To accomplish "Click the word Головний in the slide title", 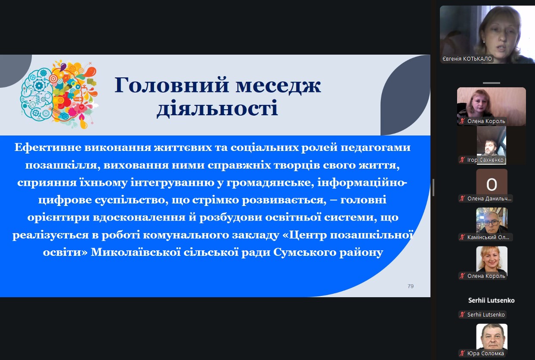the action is coord(172,85).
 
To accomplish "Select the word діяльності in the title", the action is coord(217,108).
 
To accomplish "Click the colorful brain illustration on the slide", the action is coord(59,94).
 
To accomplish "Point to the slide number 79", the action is coord(411,286).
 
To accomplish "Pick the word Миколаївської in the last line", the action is coord(136,252).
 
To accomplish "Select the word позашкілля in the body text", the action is coord(63,165).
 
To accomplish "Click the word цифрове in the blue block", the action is coord(65,200).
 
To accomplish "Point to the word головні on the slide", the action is coord(363,200).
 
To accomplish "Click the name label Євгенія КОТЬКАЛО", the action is coord(467,59).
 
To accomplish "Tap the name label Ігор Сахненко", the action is coord(485,160).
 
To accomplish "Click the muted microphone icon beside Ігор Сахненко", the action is coord(462,160).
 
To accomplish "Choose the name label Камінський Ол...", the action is coord(488,237).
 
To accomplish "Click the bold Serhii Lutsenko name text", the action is coord(491,300).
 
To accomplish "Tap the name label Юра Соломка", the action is coord(486,354).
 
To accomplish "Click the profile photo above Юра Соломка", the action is coord(492,337).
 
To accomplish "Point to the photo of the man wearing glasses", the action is coord(492,221).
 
